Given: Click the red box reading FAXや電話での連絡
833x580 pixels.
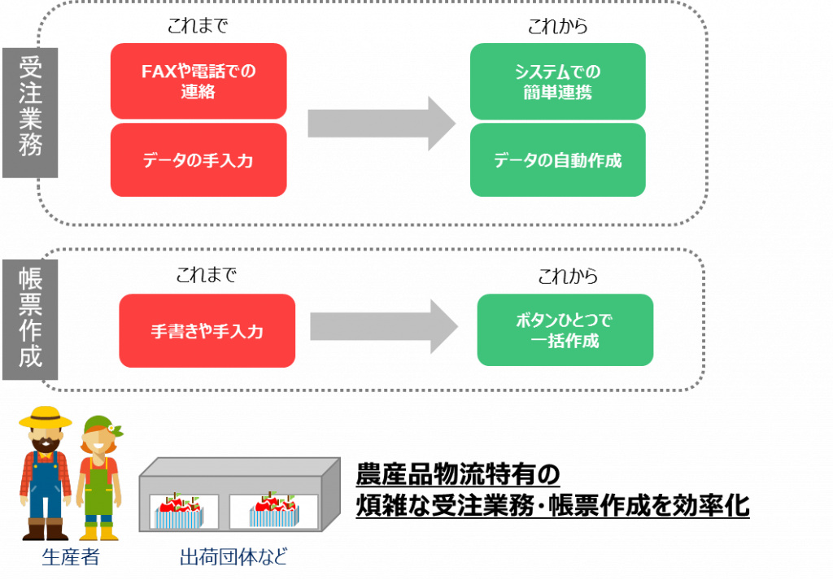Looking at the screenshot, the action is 198,81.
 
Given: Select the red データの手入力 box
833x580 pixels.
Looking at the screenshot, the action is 198,160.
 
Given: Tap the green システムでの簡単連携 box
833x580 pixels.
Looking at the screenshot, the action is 558,81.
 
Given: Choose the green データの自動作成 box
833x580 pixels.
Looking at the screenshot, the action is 558,160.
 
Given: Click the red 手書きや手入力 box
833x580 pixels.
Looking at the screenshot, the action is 207,330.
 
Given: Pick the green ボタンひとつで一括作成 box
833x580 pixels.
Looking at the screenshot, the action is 565,329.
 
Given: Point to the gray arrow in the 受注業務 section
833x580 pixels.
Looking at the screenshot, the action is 382,124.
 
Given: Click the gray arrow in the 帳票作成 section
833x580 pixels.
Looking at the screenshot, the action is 384,326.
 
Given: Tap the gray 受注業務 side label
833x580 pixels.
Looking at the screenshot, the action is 30,112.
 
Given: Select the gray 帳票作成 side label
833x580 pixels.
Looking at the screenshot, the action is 30,319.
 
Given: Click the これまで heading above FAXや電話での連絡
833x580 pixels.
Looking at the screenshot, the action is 198,25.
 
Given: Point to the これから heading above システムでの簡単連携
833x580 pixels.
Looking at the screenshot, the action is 557,26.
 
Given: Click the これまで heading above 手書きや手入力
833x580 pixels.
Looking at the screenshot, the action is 206,275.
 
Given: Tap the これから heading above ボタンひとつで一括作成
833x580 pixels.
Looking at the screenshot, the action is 567,277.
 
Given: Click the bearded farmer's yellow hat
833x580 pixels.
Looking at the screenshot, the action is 46,417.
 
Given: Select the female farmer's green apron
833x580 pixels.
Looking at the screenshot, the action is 98,486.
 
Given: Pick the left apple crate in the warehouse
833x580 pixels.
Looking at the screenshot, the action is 179,511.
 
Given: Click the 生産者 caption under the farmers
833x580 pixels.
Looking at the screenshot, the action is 70,557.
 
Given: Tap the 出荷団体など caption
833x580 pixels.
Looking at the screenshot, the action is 233,556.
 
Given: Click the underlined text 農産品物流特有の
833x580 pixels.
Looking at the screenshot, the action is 457,474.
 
